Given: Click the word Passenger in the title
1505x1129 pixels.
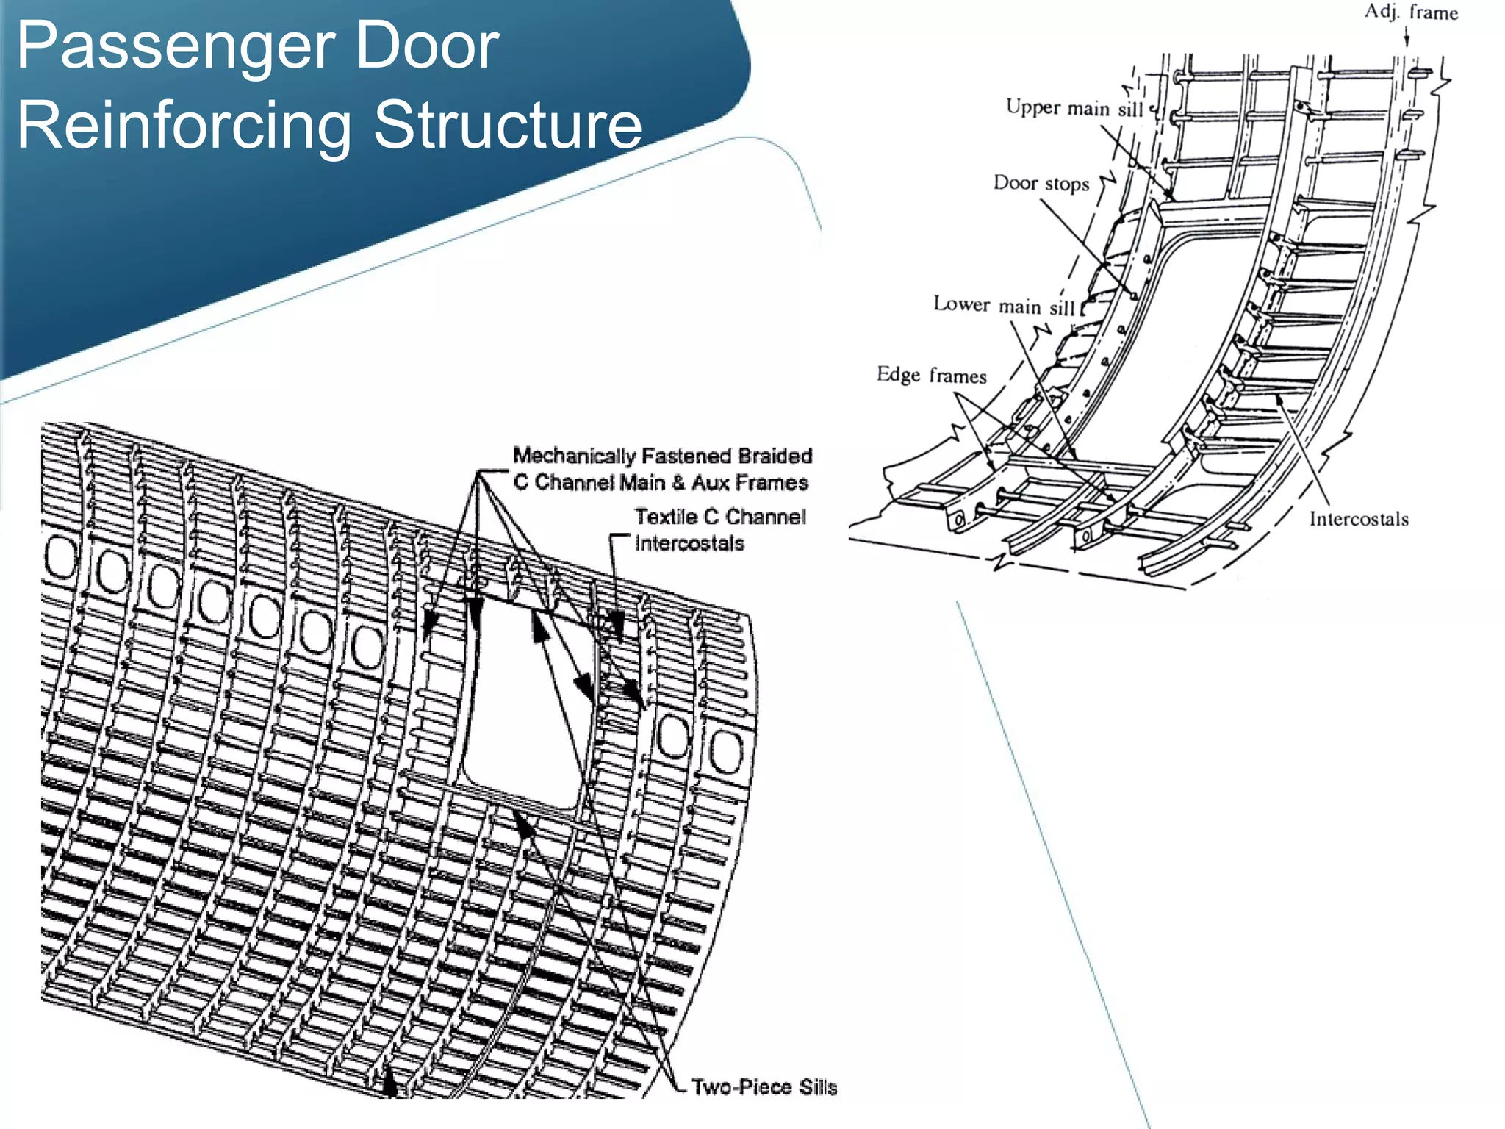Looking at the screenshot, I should (x=175, y=46).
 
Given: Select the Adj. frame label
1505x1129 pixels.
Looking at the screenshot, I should (x=1411, y=12).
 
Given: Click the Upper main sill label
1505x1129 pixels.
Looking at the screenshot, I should (x=1074, y=108).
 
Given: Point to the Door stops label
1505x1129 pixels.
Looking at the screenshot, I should (x=1041, y=183).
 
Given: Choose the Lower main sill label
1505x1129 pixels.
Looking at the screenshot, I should (x=1004, y=305).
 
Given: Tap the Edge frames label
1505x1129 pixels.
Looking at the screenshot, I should (x=931, y=376).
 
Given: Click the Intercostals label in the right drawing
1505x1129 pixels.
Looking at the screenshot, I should (x=1359, y=520).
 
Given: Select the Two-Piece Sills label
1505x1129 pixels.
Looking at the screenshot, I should (x=764, y=1087).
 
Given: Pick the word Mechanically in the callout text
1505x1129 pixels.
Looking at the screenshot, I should (x=574, y=456).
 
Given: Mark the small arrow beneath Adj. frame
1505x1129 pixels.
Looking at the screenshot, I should (x=1406, y=37).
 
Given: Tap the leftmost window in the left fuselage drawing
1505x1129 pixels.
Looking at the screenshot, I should (x=60, y=557).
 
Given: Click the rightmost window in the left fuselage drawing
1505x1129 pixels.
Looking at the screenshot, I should (x=726, y=751).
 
